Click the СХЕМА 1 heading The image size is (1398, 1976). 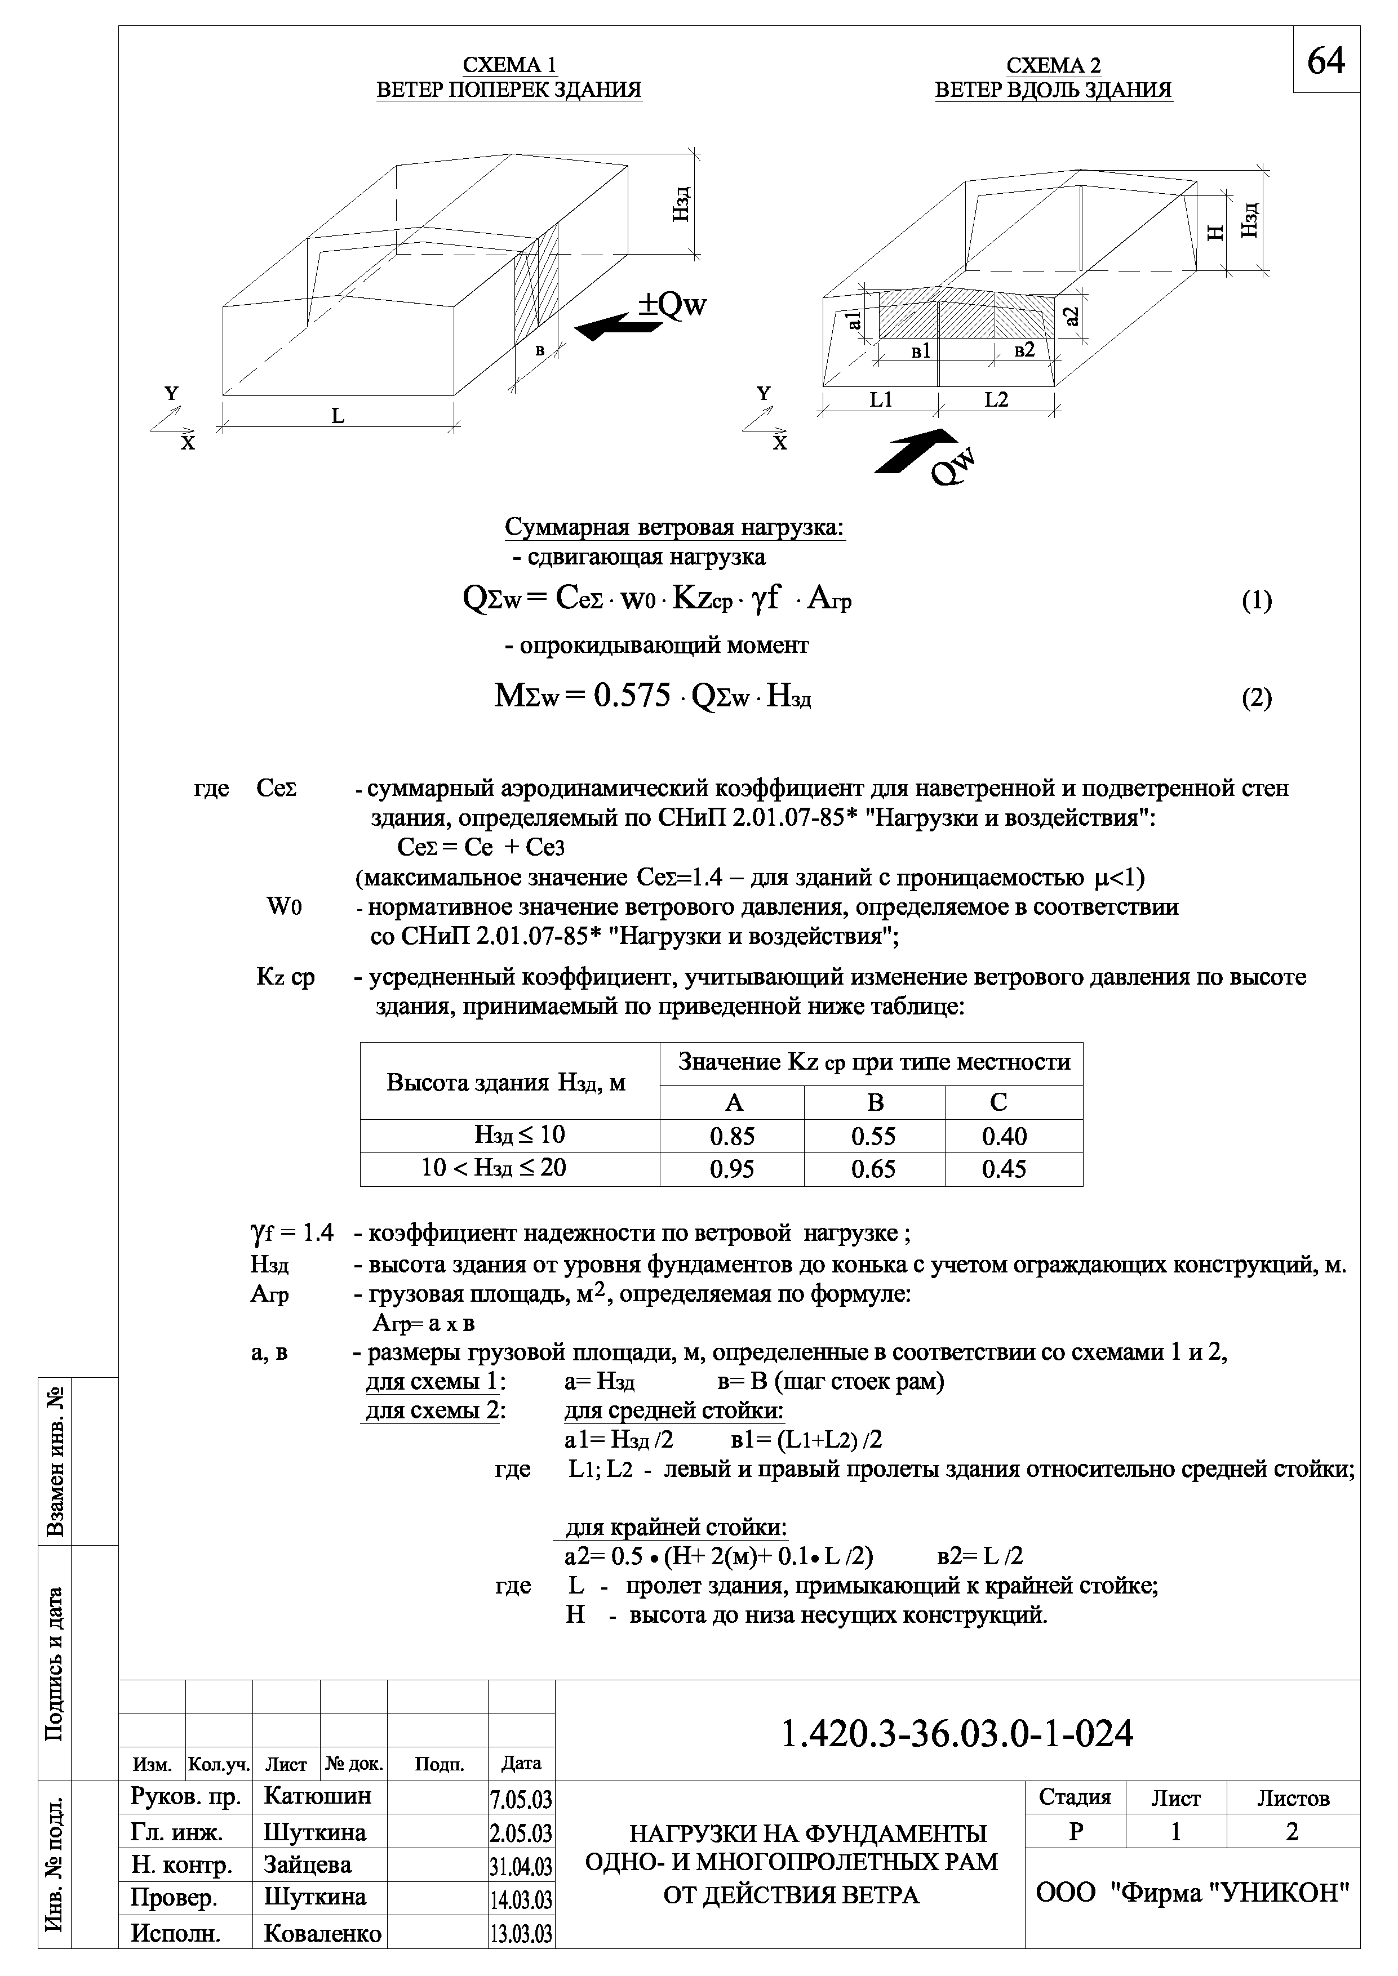point(509,65)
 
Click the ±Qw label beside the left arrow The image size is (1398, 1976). point(672,305)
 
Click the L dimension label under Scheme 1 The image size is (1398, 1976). point(338,416)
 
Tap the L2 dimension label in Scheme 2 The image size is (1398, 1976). point(996,400)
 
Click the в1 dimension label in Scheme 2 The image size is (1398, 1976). point(920,351)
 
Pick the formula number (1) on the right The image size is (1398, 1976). point(1256,600)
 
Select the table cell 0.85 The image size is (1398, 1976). point(732,1136)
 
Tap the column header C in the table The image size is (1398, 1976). point(998,1102)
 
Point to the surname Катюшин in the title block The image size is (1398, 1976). point(318,1796)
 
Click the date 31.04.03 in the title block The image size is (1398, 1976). point(521,1866)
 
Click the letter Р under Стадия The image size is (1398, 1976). point(1075,1831)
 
